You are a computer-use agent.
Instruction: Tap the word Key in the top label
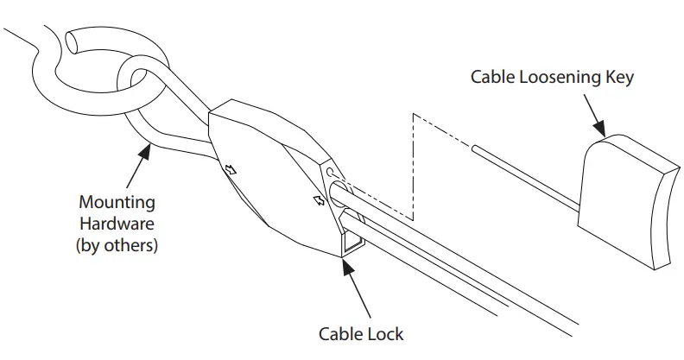click(x=620, y=77)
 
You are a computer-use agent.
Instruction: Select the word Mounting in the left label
click(x=117, y=203)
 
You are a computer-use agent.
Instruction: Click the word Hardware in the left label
click(x=117, y=224)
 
